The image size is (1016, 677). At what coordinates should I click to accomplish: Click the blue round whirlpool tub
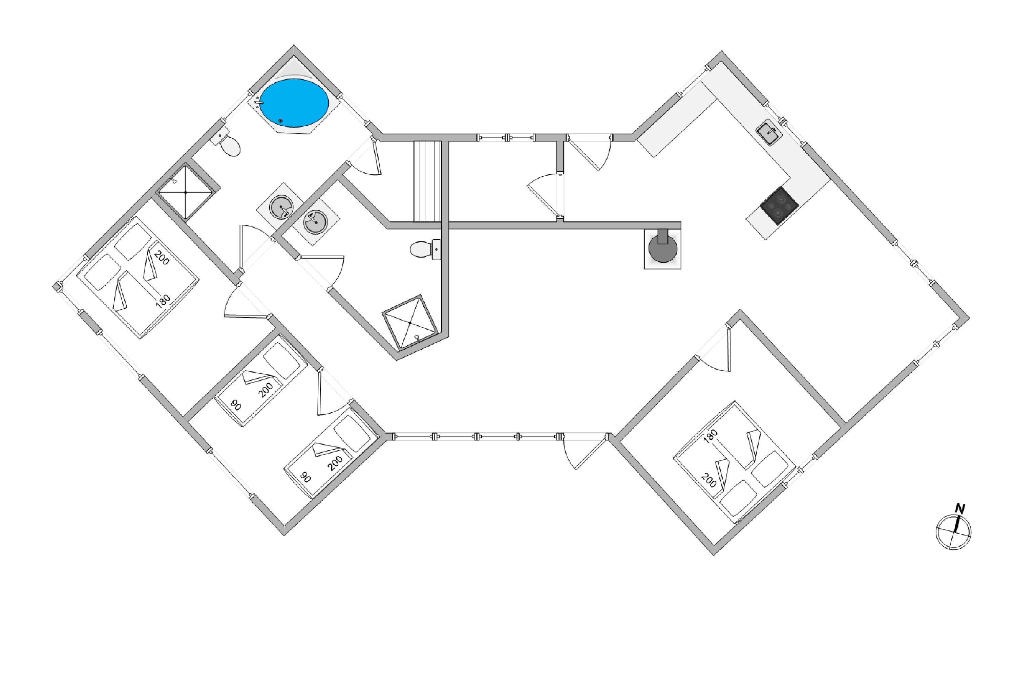[x=294, y=103]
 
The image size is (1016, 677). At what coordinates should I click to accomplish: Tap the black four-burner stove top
[x=779, y=205]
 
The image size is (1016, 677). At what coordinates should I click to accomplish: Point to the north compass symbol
[x=953, y=532]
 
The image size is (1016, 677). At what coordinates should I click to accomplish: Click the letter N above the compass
[x=959, y=509]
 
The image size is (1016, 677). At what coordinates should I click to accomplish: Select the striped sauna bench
[x=427, y=181]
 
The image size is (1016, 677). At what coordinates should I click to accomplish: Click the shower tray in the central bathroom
[x=409, y=323]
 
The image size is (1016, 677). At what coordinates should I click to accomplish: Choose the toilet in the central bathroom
[x=425, y=249]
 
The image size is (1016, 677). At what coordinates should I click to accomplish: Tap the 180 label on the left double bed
[x=163, y=301]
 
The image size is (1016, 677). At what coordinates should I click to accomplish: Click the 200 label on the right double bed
[x=709, y=481]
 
